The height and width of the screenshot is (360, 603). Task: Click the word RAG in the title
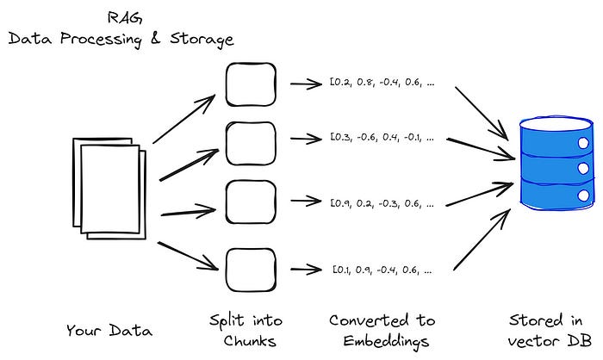[x=125, y=18]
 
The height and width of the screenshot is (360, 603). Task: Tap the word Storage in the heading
[x=202, y=40]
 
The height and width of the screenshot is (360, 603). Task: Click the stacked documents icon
[x=109, y=189]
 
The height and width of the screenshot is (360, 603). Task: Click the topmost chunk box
[x=251, y=84]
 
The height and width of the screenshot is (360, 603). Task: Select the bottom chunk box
[x=251, y=270]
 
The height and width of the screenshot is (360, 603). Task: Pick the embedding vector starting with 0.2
[x=382, y=83]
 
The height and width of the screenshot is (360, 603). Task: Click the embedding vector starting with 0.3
[x=382, y=137]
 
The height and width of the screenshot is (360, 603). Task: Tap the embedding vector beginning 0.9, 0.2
[x=382, y=203]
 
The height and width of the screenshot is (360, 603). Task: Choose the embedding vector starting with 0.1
[x=382, y=270]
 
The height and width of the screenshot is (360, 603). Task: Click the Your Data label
[x=109, y=331]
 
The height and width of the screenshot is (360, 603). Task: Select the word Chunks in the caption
[x=250, y=341]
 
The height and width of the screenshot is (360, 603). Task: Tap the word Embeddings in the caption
[x=386, y=342]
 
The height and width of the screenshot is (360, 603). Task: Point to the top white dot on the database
[x=583, y=143]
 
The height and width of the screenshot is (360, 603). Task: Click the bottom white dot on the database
[x=583, y=196]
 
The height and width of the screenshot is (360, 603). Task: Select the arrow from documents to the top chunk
[x=183, y=119]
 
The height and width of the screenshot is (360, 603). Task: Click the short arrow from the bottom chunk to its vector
[x=306, y=270]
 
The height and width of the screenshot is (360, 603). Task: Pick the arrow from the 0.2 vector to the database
[x=482, y=113]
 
